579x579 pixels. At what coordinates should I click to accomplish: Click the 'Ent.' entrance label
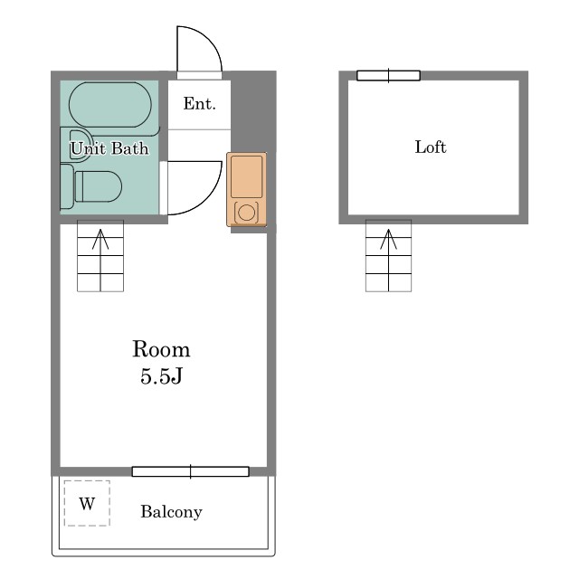[x=199, y=104]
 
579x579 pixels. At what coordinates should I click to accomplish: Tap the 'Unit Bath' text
[x=109, y=148]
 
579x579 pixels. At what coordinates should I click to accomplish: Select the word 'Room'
[x=161, y=349]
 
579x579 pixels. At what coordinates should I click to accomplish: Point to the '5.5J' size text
[x=161, y=376]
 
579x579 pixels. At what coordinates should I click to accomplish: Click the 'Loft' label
[x=431, y=147]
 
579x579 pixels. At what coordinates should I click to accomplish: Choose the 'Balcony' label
[x=171, y=512]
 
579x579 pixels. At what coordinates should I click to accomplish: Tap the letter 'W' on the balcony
[x=87, y=503]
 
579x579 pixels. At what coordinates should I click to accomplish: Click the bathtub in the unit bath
[x=110, y=105]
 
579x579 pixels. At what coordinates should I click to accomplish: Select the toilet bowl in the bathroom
[x=99, y=186]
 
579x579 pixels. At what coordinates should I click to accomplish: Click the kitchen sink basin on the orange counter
[x=247, y=176]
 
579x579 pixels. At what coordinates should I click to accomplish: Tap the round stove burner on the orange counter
[x=246, y=213]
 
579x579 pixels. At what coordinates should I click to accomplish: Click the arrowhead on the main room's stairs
[x=100, y=238]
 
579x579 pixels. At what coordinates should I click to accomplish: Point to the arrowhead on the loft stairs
[x=388, y=238]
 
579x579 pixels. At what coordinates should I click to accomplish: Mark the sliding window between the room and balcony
[x=191, y=471]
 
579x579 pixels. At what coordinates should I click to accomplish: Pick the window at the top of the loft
[x=388, y=75]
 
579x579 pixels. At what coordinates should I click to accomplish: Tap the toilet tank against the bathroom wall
[x=67, y=187]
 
